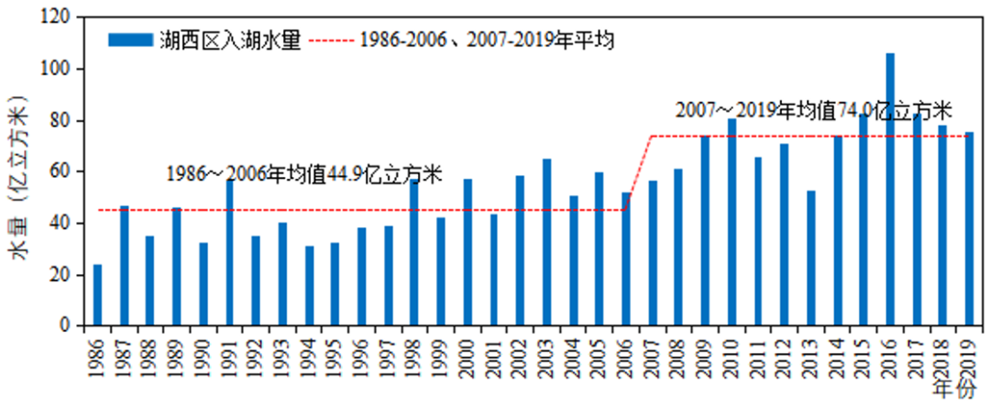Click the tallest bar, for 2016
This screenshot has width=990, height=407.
(890, 189)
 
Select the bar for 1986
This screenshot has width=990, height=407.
(97, 295)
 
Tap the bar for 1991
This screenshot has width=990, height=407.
(229, 252)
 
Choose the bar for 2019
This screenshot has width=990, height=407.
(969, 228)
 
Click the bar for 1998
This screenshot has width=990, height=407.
(414, 252)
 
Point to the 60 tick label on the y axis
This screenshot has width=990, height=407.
(60, 171)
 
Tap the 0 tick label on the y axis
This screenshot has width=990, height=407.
(65, 325)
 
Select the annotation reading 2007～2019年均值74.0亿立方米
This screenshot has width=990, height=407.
(813, 111)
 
